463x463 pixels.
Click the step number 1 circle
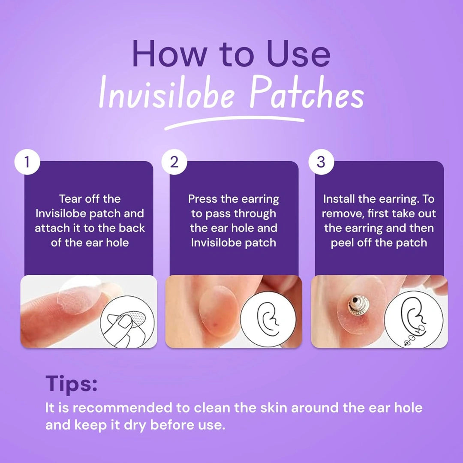coord(27,162)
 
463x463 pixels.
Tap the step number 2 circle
coord(174,162)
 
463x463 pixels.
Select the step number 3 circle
coord(321,162)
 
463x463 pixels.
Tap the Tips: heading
coord(71,384)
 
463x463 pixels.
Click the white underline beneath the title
coord(234,123)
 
